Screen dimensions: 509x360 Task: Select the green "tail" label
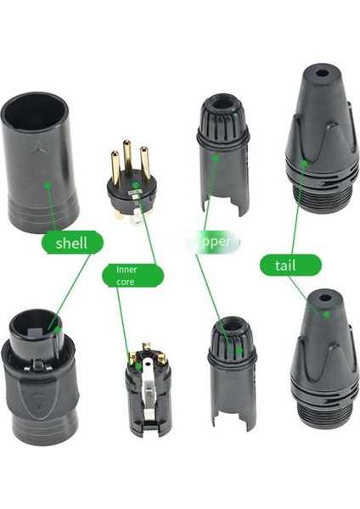[x=290, y=266]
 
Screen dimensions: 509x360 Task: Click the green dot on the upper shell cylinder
[x=49, y=181]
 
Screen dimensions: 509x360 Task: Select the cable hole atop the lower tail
[x=319, y=299]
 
